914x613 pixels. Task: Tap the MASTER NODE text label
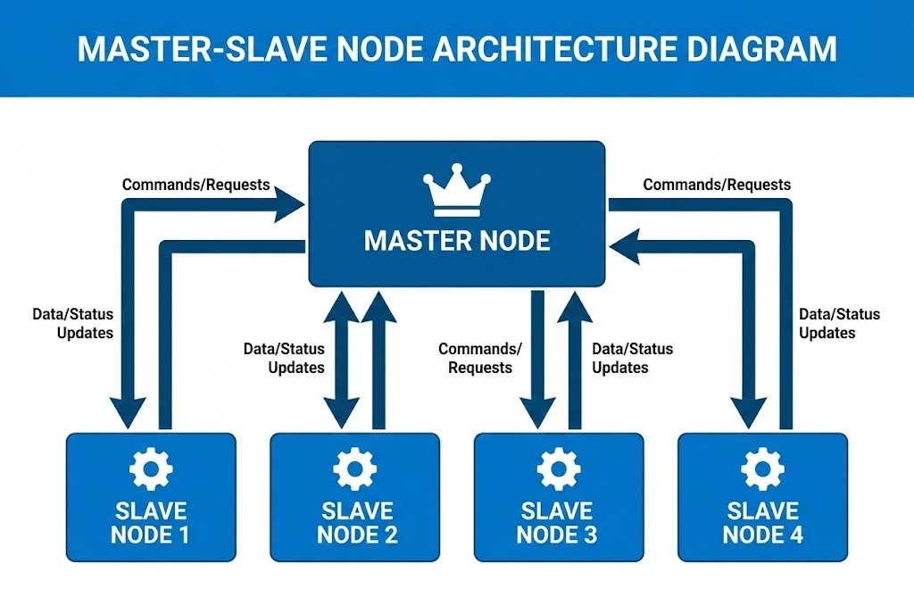coord(457,241)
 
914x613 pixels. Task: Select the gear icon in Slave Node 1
coord(151,467)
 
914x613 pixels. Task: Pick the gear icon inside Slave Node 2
coord(354,467)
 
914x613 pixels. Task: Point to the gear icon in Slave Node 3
coord(558,467)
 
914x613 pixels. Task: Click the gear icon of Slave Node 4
coord(762,467)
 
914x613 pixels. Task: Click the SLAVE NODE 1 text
coord(151,523)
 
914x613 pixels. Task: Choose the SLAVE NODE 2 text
coord(356,523)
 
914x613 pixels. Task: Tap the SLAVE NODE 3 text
coord(558,523)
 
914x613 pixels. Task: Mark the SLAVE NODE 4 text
coord(762,523)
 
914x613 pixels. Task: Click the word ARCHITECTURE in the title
coord(527,48)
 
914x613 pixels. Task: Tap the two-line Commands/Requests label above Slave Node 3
coord(480,358)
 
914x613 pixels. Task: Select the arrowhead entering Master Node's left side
coord(290,205)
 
